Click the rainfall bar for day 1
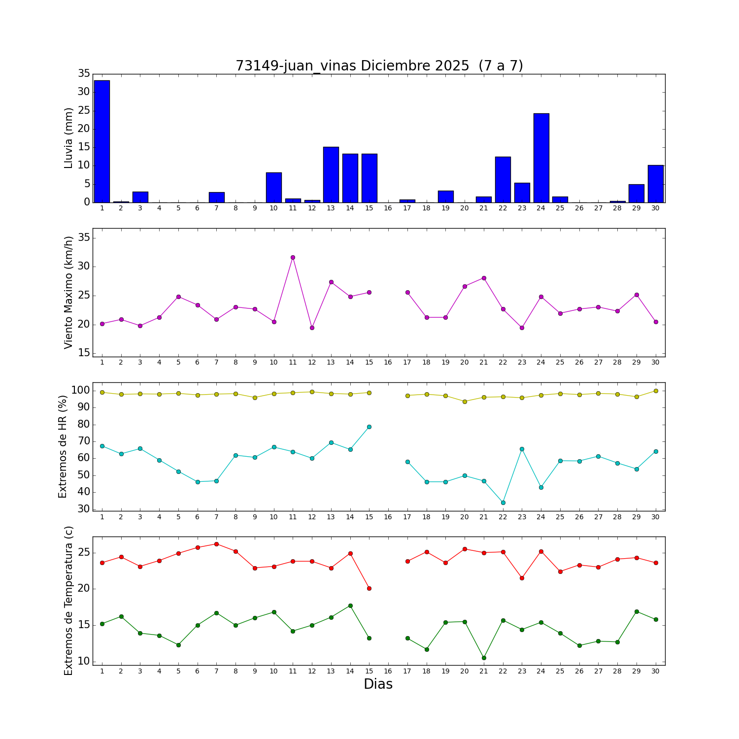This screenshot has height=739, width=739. point(102,141)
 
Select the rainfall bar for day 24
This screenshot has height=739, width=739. point(541,158)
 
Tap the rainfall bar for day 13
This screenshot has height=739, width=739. point(331,174)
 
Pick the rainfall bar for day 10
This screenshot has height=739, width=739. point(274,187)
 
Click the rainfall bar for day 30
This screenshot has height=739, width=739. point(655,184)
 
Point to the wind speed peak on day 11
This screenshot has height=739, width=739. point(293,257)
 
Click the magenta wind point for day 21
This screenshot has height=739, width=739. point(484,278)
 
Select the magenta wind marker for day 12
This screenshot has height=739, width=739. point(312,328)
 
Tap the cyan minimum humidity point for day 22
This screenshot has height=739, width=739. point(503,503)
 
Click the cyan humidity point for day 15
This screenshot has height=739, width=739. point(369,427)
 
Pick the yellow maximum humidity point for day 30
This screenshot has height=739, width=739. point(656,391)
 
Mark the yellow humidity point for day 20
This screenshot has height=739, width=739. point(465,402)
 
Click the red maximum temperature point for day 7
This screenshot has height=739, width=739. point(216,544)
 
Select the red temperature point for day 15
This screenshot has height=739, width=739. point(369,588)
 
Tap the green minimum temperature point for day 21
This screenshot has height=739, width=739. point(484,658)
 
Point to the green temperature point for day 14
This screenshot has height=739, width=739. point(350,605)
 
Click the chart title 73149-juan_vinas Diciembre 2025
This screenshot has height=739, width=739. point(379,66)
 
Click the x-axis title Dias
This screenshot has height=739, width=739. point(378,684)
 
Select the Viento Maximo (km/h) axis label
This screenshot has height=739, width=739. point(68,292)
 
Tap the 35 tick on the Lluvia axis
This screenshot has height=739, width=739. point(84,74)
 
